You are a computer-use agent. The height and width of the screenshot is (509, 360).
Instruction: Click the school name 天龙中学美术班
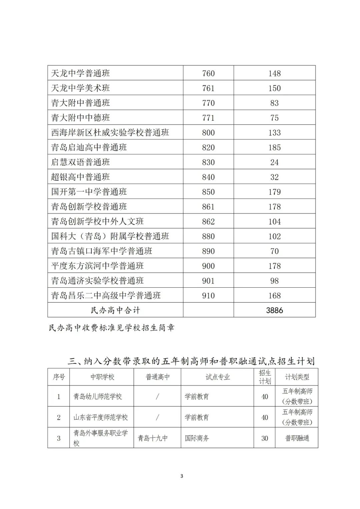[80, 88]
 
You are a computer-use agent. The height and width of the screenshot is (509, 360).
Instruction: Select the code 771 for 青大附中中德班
[208, 118]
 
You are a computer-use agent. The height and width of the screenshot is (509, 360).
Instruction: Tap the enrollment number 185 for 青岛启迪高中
[274, 147]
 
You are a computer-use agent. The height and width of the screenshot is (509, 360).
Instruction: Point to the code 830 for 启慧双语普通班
[208, 162]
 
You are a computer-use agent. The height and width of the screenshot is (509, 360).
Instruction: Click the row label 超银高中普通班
[80, 177]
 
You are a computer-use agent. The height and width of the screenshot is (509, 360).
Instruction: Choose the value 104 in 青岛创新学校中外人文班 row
[274, 222]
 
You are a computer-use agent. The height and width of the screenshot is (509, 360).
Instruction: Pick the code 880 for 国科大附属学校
[208, 236]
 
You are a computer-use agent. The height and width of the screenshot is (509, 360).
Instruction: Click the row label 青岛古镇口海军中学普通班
[102, 251]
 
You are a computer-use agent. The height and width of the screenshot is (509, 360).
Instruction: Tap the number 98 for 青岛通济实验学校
[274, 281]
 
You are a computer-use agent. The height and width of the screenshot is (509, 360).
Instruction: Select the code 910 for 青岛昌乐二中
[208, 296]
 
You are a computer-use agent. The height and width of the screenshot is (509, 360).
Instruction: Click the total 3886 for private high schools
[274, 310]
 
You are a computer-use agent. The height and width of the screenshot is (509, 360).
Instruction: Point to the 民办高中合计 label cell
[115, 310]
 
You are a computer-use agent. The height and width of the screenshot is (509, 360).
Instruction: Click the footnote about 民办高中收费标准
[112, 328]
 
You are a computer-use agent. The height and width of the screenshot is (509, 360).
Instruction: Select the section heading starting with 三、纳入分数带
[191, 361]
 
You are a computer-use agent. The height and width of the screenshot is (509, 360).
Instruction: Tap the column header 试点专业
[218, 377]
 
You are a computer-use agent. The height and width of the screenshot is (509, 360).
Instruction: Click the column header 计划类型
[297, 377]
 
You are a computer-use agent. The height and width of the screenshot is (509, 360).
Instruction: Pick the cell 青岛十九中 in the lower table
[153, 438]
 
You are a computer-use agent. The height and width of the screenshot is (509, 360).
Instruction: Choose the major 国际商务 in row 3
[197, 438]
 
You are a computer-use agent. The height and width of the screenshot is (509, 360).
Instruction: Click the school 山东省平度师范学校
[101, 417]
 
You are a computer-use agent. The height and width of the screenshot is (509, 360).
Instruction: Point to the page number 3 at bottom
[182, 476]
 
